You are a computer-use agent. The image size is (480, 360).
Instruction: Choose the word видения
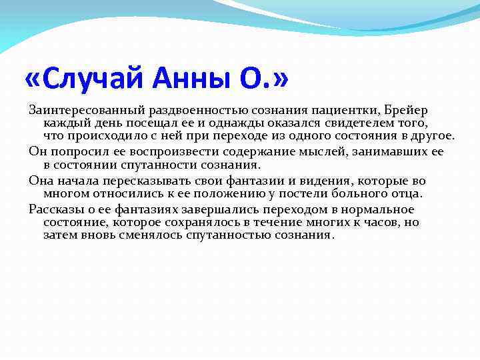pos(325,181)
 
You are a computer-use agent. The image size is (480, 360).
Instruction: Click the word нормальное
pos(377,209)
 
